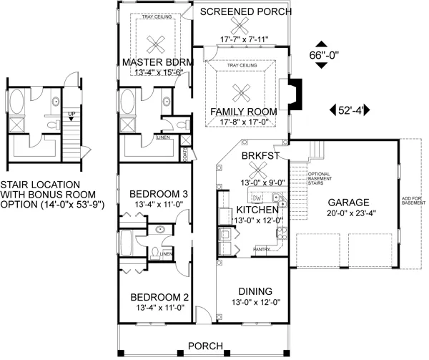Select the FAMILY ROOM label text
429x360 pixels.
pyautogui.click(x=243, y=112)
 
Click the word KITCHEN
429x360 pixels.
pyautogui.click(x=256, y=209)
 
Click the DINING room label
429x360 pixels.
pyautogui.click(x=255, y=291)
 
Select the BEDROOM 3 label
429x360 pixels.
pyautogui.click(x=159, y=194)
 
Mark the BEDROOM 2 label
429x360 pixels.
pyautogui.click(x=159, y=298)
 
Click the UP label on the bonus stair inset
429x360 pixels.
pyautogui.click(x=70, y=115)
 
